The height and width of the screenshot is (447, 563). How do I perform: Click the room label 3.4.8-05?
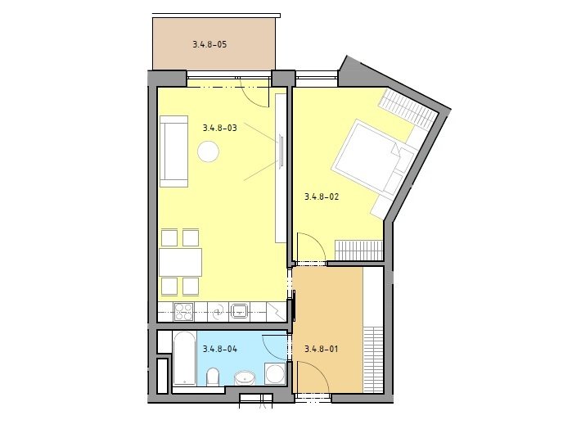pos(209,44)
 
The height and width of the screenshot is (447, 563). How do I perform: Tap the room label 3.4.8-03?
pos(220,128)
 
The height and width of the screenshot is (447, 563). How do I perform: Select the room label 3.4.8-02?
pos(322,196)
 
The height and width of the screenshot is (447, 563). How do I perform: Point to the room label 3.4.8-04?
pos(220,349)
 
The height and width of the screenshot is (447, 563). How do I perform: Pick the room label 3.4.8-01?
pos(322,349)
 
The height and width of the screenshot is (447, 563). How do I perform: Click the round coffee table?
pos(208,151)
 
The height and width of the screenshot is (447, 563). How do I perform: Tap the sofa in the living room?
pos(173,151)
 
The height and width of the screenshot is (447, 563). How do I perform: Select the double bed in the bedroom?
pos(373,156)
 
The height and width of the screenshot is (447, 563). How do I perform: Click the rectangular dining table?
pos(180,262)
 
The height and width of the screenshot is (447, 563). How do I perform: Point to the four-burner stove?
pos(183,312)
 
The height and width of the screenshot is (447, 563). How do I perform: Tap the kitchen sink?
pos(239,311)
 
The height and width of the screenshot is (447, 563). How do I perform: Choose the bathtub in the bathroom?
pos(185,359)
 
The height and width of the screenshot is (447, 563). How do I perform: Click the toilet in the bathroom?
pos(213,377)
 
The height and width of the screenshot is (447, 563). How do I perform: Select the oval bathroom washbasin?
pos(245,378)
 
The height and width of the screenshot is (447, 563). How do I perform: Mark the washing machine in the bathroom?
pos(275,373)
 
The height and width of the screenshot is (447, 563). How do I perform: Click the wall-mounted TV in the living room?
pos(281,151)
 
